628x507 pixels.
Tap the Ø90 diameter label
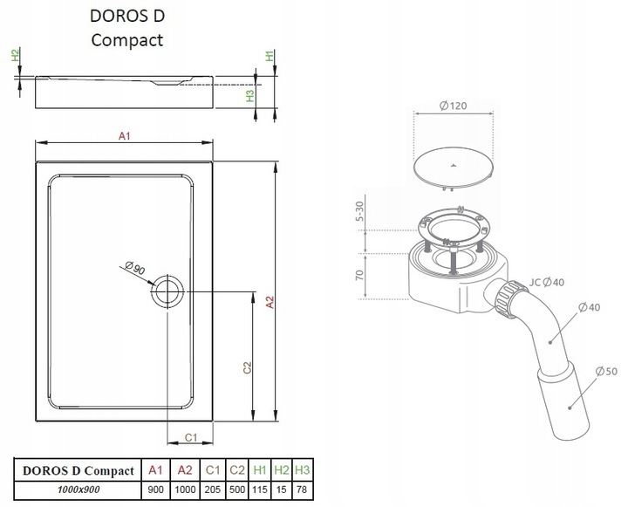[x=135, y=267]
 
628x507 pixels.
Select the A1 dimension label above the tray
[x=125, y=136]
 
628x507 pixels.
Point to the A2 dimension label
[x=270, y=302]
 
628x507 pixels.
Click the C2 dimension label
[x=248, y=367]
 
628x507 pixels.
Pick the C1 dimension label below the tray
[x=191, y=437]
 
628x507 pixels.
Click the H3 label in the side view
[x=250, y=95]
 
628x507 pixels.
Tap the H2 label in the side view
[x=15, y=55]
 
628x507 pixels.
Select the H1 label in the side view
[x=270, y=55]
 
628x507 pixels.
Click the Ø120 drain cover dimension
[x=453, y=106]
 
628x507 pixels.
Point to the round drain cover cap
[x=453, y=168]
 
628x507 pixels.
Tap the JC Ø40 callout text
[x=547, y=282]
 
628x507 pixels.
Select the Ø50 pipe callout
[x=606, y=371]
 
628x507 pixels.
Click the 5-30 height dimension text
[x=359, y=211]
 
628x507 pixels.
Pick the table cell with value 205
[x=212, y=490]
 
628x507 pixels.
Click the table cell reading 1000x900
[x=78, y=490]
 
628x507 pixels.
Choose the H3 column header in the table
[x=303, y=469]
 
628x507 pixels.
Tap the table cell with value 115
[x=260, y=490]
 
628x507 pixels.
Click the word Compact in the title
[x=127, y=40]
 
